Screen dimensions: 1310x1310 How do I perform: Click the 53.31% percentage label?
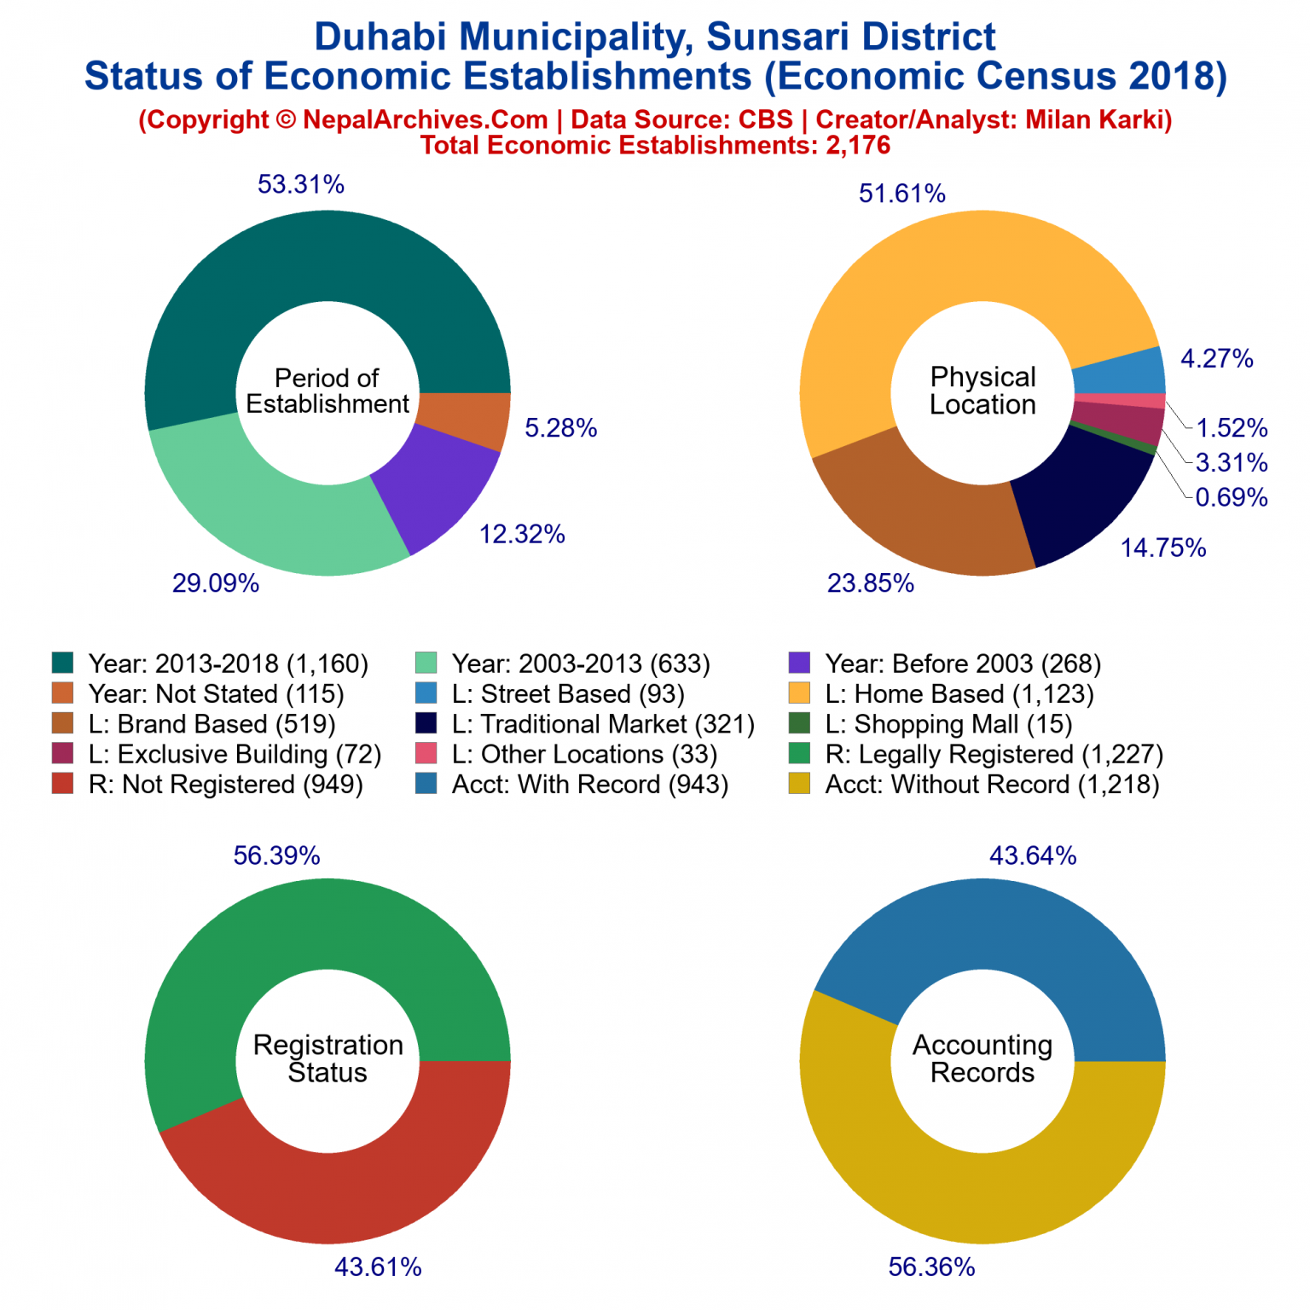point(300,184)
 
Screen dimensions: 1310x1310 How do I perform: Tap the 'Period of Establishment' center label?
point(327,391)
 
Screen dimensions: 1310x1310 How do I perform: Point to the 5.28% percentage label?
point(560,428)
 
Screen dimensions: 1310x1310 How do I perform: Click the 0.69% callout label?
point(1231,497)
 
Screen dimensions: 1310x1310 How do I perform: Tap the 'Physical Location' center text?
point(982,391)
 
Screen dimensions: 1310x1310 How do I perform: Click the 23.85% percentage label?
point(870,583)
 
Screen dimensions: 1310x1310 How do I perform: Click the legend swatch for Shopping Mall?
point(799,723)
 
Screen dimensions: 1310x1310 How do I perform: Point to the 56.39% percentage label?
point(276,855)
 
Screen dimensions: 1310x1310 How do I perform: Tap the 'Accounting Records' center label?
point(982,1058)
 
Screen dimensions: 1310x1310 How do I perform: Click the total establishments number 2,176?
point(857,145)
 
